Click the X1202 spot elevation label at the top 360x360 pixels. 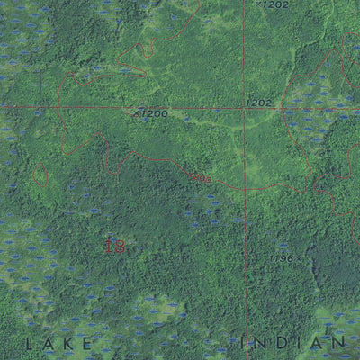coord(273,4)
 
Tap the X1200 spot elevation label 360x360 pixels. coord(150,113)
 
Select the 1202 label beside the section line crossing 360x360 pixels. coord(258,103)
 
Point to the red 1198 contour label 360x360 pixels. coord(200,178)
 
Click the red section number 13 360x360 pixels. coord(114,246)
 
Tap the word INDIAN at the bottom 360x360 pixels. coord(297,342)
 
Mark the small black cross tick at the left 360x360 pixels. coord(41,84)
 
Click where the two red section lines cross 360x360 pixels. coord(244,108)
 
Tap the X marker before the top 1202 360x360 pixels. coord(258,4)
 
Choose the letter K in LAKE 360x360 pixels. coord(69,343)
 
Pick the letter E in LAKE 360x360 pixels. coord(88,343)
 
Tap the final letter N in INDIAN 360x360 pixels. coord(340,342)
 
